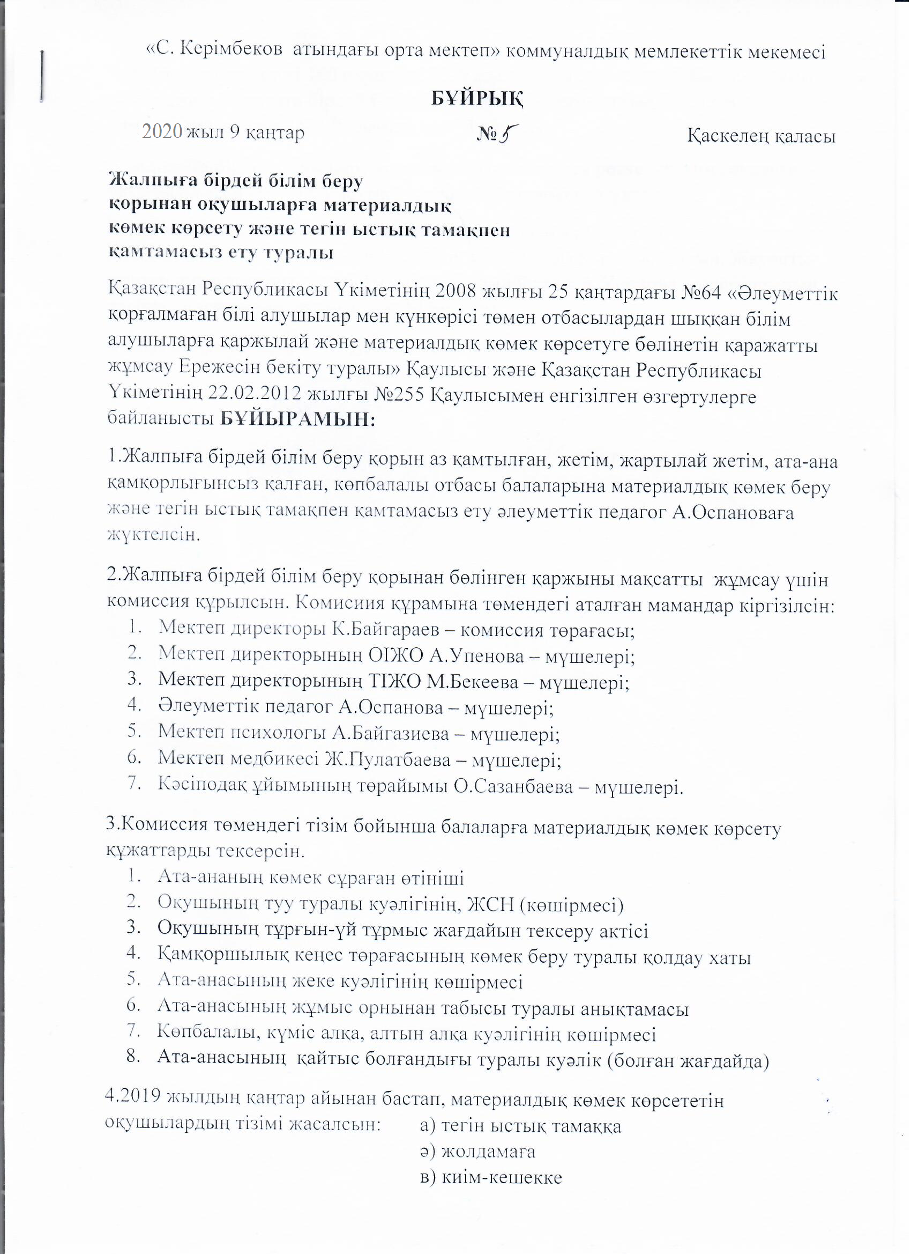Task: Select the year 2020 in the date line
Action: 162,131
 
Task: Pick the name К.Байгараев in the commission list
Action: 390,630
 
